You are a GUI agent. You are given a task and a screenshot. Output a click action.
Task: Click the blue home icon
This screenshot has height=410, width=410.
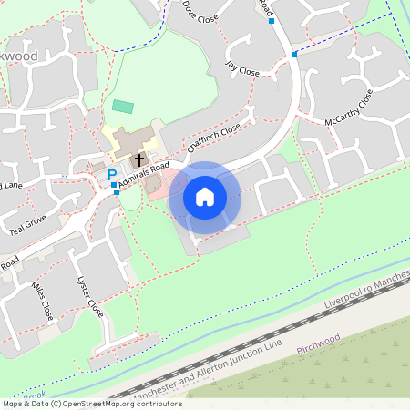[205, 197]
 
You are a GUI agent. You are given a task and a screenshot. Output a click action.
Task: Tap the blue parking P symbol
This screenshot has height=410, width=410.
[112, 175]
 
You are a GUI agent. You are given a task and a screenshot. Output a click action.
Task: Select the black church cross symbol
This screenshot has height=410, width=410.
[139, 159]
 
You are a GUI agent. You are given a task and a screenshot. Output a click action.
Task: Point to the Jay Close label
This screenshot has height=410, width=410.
[243, 67]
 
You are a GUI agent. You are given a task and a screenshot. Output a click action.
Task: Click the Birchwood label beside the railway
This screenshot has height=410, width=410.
[318, 341]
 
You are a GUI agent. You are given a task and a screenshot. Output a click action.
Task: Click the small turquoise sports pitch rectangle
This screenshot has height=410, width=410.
[122, 107]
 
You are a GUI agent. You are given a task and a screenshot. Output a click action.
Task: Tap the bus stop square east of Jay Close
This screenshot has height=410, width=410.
[293, 55]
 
